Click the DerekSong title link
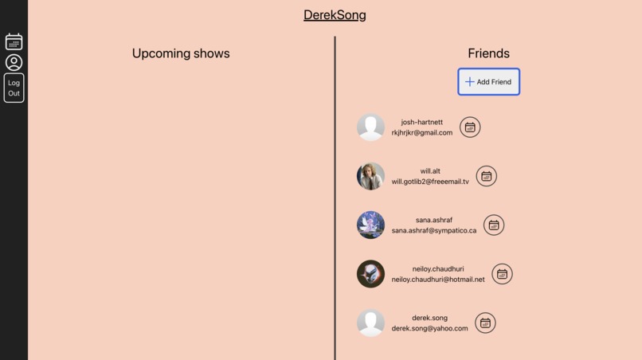tap(335, 15)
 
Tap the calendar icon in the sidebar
tap(14, 41)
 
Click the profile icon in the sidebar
tap(14, 62)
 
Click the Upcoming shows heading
tap(181, 53)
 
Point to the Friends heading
tap(488, 53)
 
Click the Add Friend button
tap(488, 82)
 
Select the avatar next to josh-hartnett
tap(370, 127)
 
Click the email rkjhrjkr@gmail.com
tap(421, 133)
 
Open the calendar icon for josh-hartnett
tap(470, 127)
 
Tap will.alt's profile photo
tap(370, 176)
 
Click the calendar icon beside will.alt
tap(486, 176)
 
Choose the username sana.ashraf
tap(433, 220)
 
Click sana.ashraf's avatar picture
tap(370, 225)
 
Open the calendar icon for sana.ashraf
tap(494, 225)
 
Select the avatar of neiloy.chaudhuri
tap(370, 274)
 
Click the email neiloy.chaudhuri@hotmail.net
tap(437, 280)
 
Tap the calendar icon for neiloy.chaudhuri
tap(502, 274)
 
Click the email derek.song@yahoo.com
tap(429, 328)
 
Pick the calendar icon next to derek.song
tap(485, 323)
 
